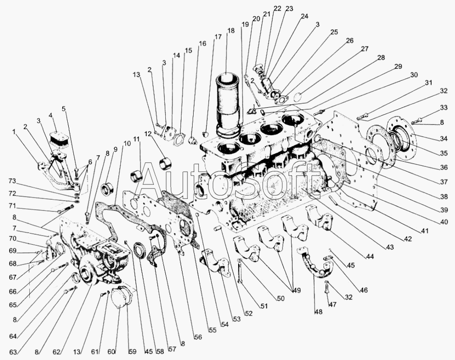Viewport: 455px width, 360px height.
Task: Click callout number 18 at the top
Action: tap(231, 31)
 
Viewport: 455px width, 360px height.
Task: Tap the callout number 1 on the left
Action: tap(14, 132)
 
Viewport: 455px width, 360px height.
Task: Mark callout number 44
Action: tap(370, 257)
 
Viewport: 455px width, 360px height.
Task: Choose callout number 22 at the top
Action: tap(278, 9)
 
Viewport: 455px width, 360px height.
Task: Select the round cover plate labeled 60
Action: tap(120, 302)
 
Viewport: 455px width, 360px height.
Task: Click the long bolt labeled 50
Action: tap(241, 274)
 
